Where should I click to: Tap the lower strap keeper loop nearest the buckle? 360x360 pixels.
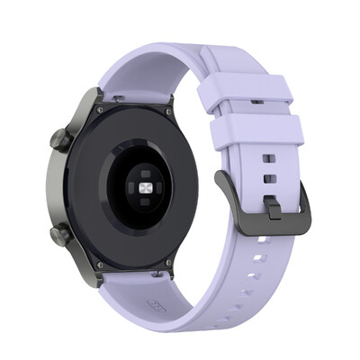coord(256,133)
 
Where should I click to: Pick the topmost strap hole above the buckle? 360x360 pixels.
coord(269,158)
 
